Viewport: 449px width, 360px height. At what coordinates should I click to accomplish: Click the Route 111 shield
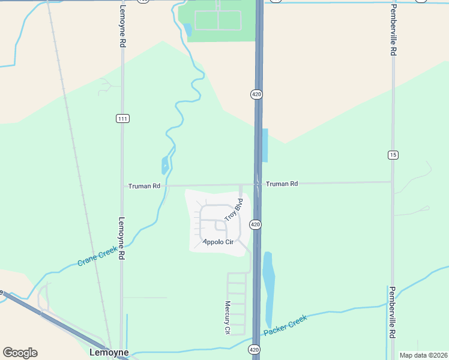click(x=122, y=119)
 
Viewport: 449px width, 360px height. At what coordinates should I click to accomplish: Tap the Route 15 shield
click(x=393, y=155)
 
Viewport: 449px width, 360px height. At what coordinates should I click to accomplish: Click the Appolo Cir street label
click(x=217, y=242)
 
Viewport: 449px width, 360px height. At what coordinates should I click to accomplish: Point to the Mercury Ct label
click(x=228, y=317)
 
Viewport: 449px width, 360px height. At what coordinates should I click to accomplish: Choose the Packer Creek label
click(x=285, y=325)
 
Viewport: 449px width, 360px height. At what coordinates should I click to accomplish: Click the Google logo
click(x=20, y=353)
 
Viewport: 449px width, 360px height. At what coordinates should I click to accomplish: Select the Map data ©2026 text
click(x=423, y=355)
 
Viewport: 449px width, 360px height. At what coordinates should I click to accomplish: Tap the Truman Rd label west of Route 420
click(x=144, y=186)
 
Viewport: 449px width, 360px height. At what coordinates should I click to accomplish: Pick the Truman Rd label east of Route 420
click(x=282, y=184)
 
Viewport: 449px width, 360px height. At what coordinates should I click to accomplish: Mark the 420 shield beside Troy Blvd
click(x=255, y=224)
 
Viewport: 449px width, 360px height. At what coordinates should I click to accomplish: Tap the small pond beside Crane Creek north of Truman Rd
click(x=165, y=165)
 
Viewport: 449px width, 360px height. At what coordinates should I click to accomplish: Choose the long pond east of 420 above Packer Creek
click(x=268, y=288)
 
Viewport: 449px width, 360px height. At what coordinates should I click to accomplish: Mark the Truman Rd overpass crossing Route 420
click(x=257, y=184)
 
